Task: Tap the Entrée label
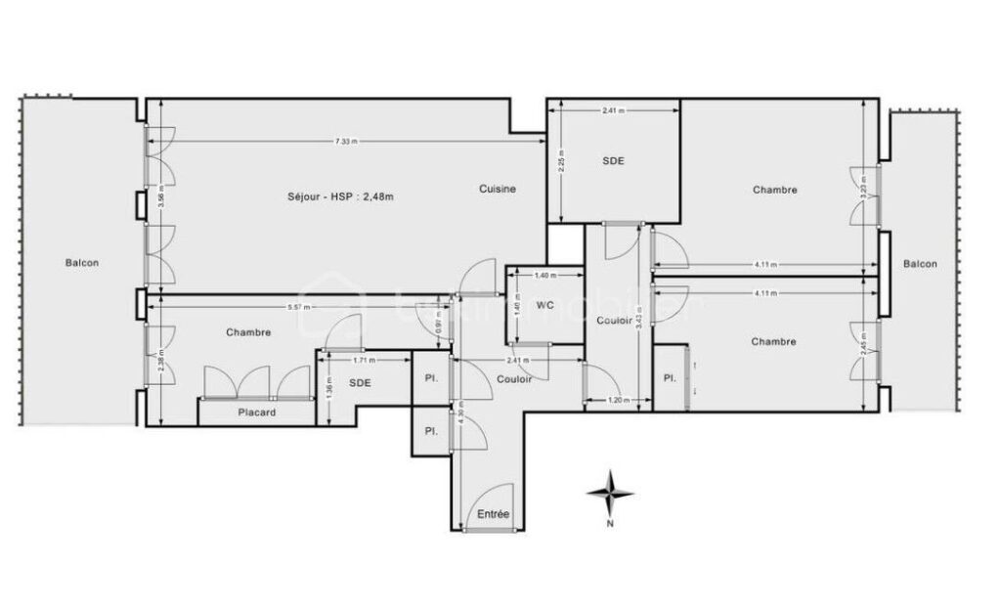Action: click(493, 514)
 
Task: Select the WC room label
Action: click(545, 305)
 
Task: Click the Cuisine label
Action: click(498, 189)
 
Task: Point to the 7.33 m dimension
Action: click(345, 141)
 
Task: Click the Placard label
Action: click(257, 413)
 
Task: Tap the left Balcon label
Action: click(82, 262)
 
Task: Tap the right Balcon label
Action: click(920, 264)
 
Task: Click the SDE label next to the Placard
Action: click(361, 383)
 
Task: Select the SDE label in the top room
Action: click(613, 161)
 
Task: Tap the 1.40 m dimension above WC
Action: click(544, 277)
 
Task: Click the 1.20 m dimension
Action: click(615, 401)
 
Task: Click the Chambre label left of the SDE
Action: click(248, 332)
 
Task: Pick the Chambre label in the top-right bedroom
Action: click(774, 190)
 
